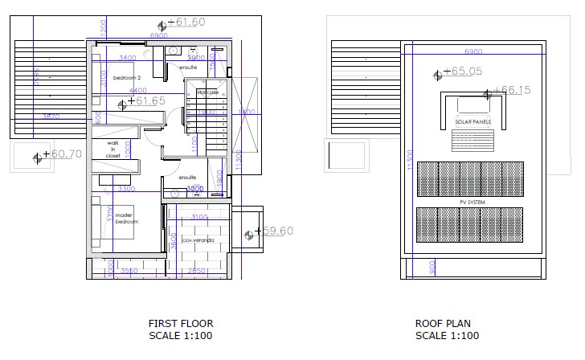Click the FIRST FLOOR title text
[x=181, y=324]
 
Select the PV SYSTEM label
[x=471, y=202]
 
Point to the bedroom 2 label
[x=127, y=77]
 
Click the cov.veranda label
[x=197, y=240]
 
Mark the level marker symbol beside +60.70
[x=36, y=157]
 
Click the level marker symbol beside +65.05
[x=437, y=75]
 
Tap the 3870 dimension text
[x=51, y=117]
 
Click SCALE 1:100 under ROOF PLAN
[x=447, y=336]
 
